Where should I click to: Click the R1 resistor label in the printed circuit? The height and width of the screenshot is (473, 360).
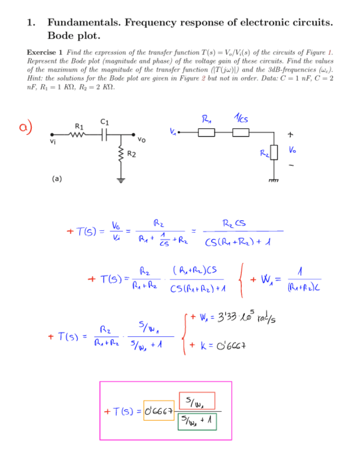tap(80, 126)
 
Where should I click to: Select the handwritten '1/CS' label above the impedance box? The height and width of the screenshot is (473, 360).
tap(241, 118)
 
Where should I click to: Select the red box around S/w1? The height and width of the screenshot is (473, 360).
tap(197, 400)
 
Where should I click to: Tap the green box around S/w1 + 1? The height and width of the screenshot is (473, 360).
tap(197, 422)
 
